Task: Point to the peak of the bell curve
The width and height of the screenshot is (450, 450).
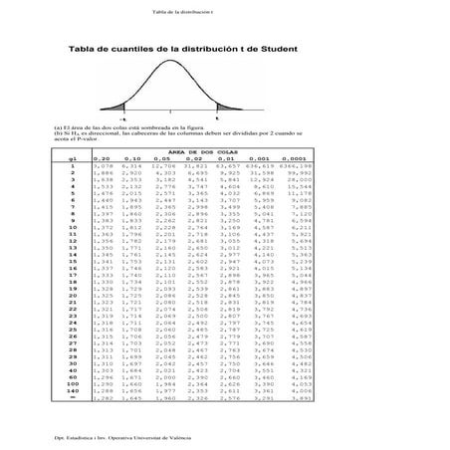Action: coord(171,65)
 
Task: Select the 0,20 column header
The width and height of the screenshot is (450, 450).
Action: coord(102,157)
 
